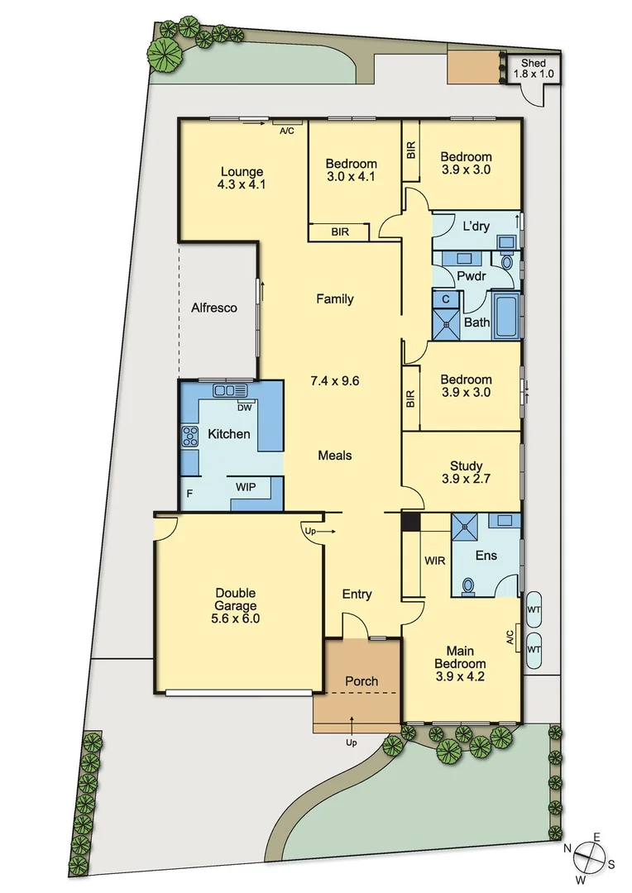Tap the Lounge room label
[241, 172]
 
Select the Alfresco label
[214, 308]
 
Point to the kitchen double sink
[231, 390]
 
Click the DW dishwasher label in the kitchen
[244, 407]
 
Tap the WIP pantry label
[246, 487]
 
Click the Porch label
[361, 681]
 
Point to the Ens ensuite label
[486, 556]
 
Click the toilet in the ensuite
[467, 585]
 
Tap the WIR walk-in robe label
[435, 561]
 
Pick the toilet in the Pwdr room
[507, 262]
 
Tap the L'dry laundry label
[476, 226]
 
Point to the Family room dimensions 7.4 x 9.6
[335, 381]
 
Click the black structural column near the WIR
[410, 521]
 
